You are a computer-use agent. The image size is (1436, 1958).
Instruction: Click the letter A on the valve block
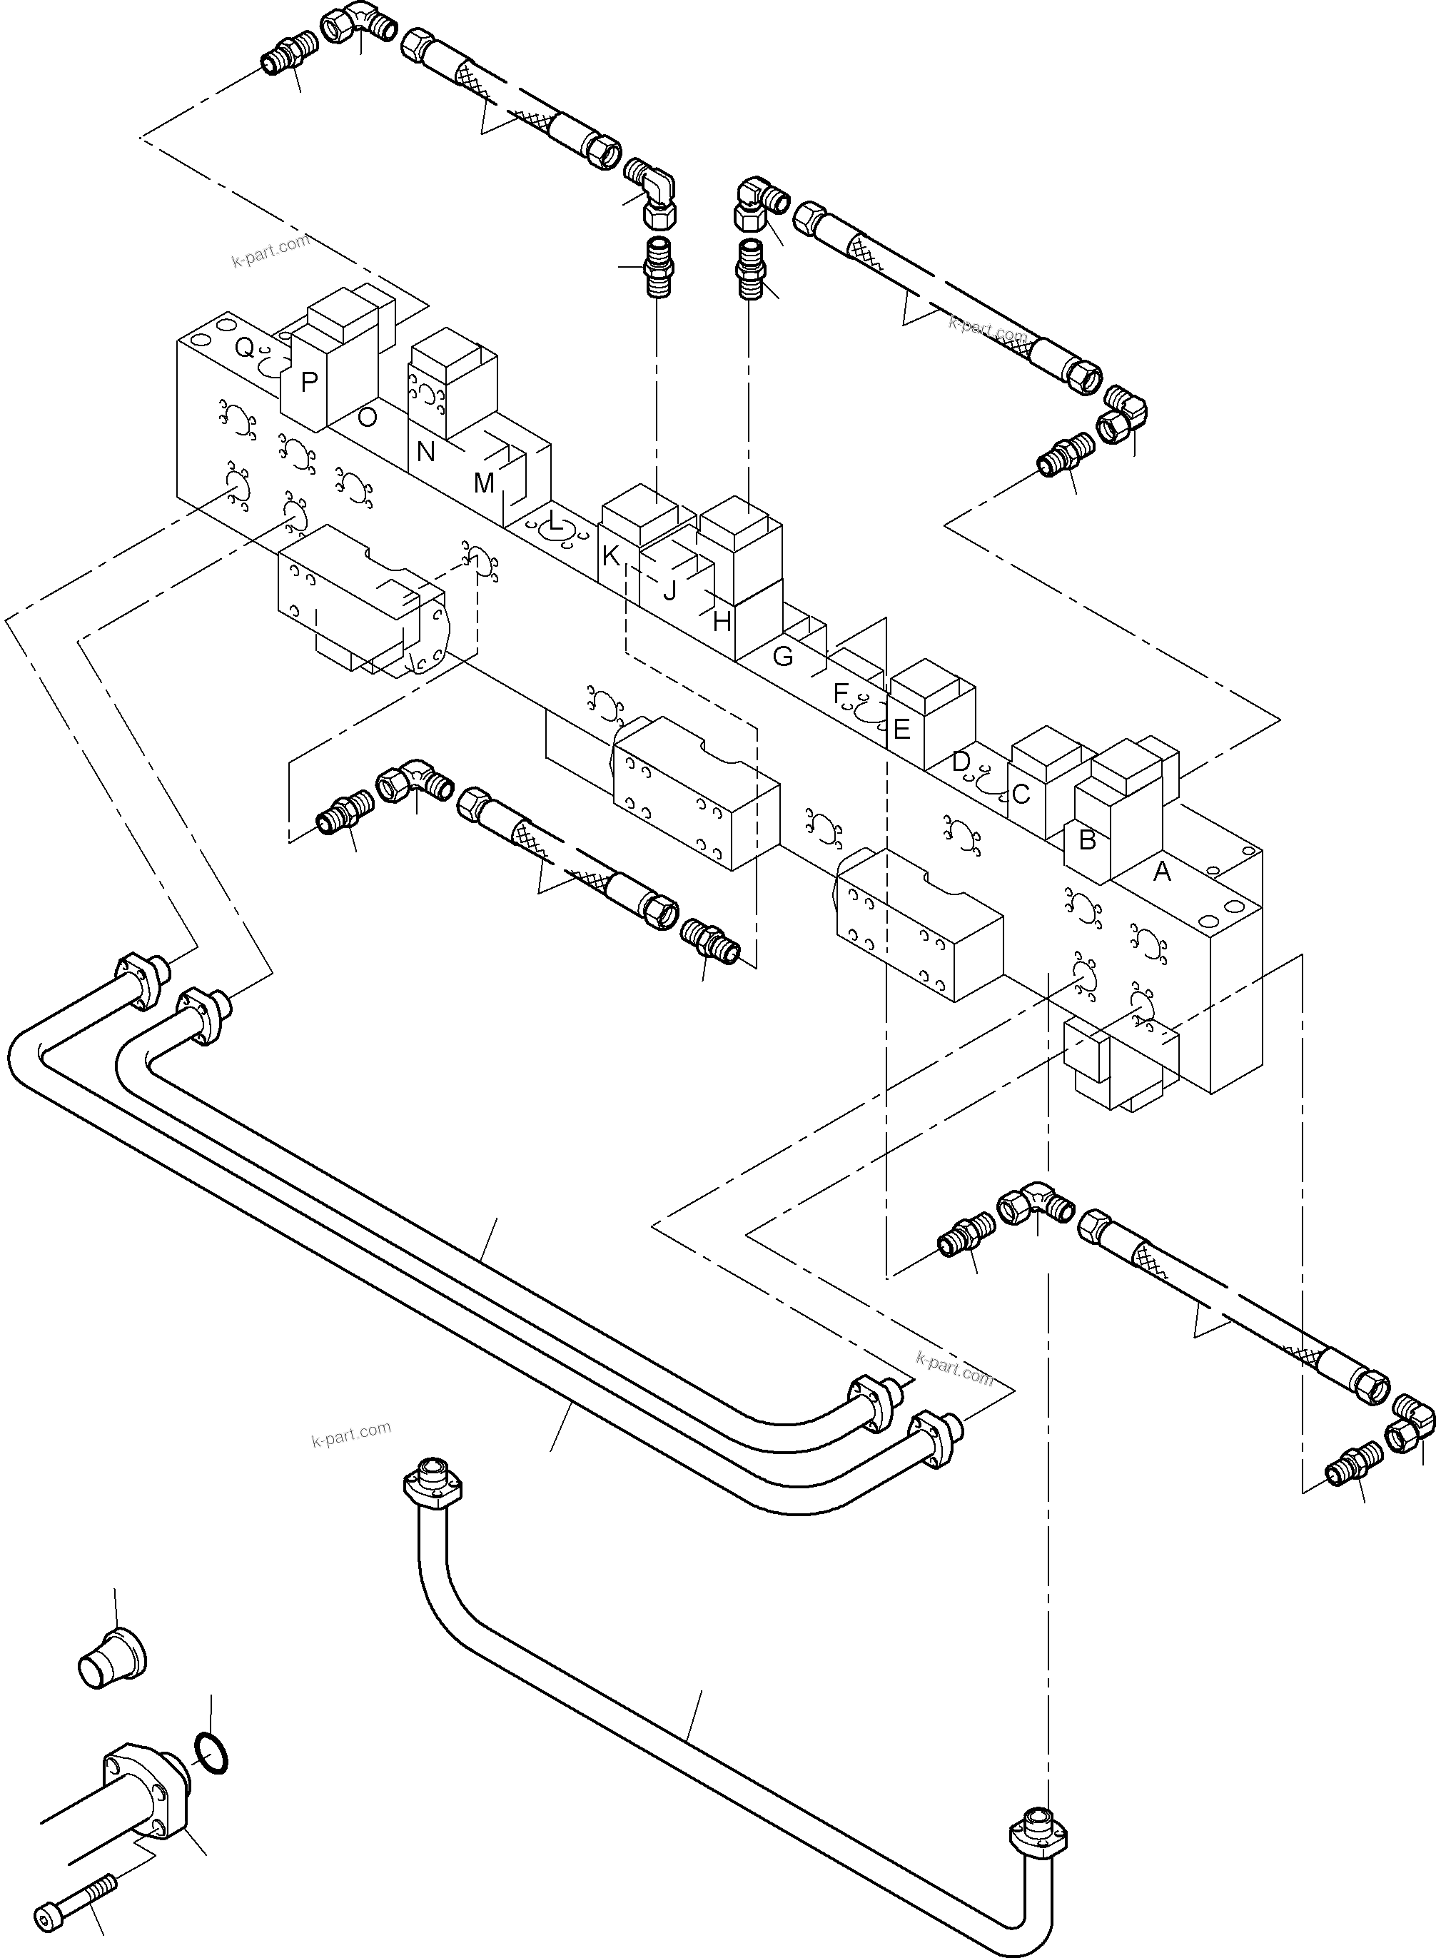tap(1161, 871)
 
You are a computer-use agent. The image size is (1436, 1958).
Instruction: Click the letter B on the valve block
tap(1086, 841)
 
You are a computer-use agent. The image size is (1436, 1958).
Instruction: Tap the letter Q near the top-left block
tap(245, 348)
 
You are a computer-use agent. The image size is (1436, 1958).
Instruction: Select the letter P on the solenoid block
tap(308, 382)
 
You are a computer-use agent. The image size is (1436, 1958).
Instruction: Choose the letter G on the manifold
tap(782, 657)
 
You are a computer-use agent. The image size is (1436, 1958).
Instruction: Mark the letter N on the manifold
tap(425, 452)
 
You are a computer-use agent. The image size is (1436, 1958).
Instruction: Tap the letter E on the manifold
tap(901, 729)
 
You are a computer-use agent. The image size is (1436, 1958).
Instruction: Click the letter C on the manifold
tap(1021, 794)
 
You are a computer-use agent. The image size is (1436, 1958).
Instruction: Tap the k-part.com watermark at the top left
tap(270, 251)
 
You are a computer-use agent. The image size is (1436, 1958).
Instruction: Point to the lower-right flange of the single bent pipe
tap(1037, 1837)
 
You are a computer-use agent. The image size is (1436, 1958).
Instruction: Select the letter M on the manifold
tap(484, 483)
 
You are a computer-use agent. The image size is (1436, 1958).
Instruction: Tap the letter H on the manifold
tap(722, 622)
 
